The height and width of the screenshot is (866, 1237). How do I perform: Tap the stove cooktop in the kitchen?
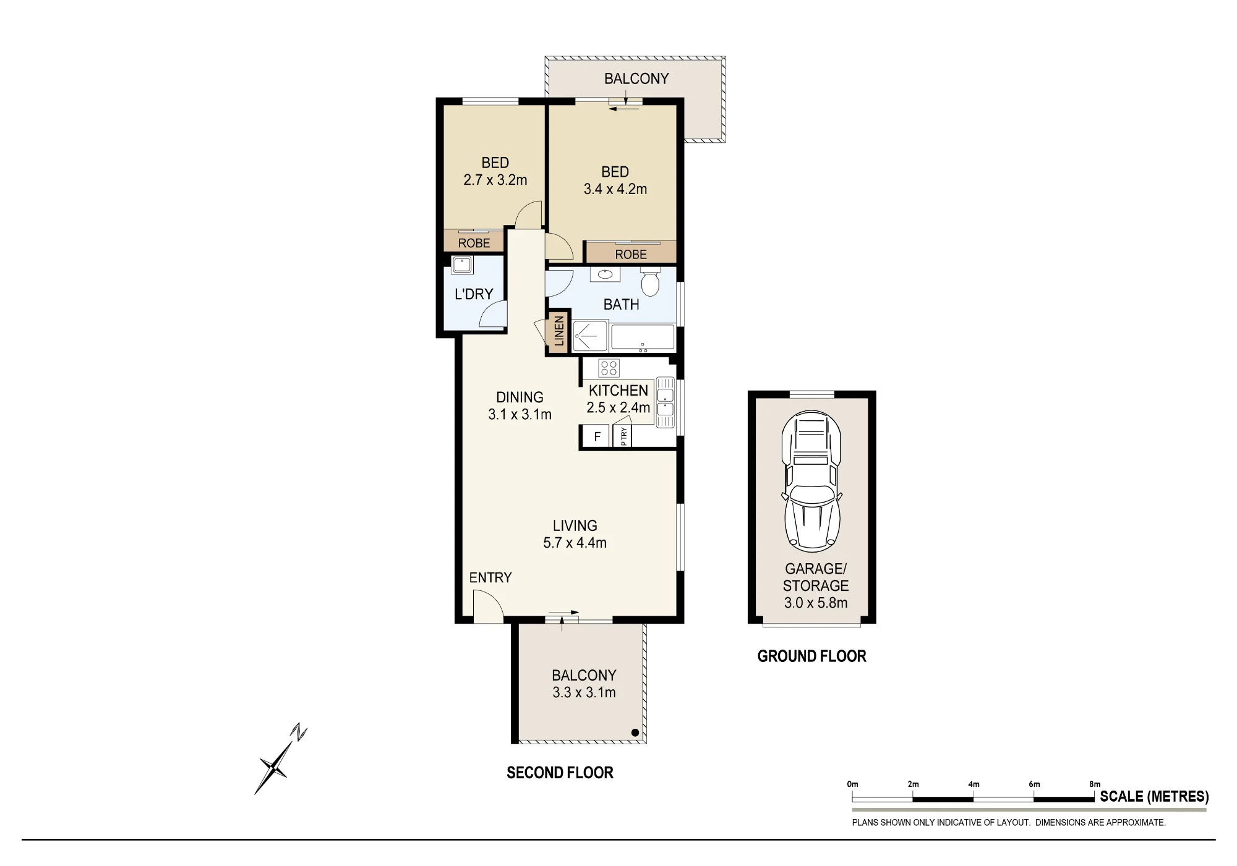click(x=609, y=368)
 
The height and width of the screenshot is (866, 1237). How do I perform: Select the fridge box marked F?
click(x=597, y=436)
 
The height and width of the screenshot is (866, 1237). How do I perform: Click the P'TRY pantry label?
click(x=623, y=436)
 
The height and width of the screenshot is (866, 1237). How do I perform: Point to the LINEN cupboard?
click(x=559, y=331)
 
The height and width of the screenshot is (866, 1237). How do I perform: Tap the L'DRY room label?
click(x=474, y=294)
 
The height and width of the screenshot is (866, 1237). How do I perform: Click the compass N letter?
click(x=300, y=732)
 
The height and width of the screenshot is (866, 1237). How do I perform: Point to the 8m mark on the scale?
click(x=1095, y=784)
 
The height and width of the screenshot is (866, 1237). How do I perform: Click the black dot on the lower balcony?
click(x=635, y=732)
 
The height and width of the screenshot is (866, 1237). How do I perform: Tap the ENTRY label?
click(x=490, y=577)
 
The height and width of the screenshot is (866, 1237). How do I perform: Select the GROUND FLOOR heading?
click(x=811, y=656)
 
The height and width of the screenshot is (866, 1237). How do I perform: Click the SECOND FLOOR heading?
click(x=560, y=773)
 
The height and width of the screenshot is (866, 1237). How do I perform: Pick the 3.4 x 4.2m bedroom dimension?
click(x=615, y=189)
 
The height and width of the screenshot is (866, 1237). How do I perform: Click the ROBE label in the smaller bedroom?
click(x=474, y=243)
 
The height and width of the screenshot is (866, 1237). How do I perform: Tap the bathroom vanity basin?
click(x=605, y=274)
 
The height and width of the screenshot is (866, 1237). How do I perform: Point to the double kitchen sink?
click(x=666, y=402)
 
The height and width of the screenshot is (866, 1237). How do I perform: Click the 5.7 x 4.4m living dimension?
click(x=575, y=543)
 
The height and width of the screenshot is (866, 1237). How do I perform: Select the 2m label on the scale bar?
click(x=913, y=784)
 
